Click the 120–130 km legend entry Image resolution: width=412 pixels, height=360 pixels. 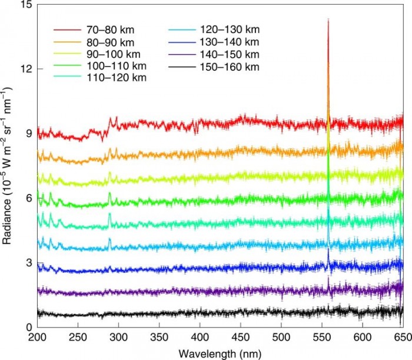coord(233,29)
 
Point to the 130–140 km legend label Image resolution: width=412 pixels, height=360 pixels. coord(233,42)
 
